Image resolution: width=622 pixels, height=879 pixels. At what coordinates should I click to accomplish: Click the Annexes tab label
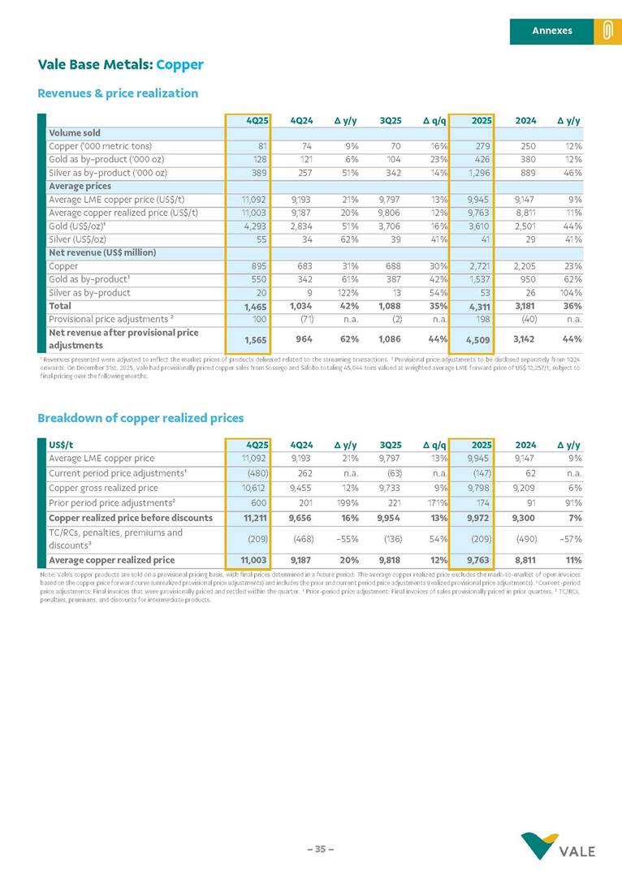coord(551,31)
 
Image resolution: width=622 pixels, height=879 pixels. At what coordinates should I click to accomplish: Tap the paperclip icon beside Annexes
coord(607,31)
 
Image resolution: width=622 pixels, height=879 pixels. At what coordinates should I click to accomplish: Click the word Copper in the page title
coord(179,65)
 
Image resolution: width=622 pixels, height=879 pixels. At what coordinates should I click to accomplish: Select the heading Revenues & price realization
coord(118,93)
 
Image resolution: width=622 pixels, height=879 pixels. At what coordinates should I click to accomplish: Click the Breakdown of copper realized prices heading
coord(140,418)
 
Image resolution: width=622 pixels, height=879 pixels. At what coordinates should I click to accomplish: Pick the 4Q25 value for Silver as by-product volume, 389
coord(259,174)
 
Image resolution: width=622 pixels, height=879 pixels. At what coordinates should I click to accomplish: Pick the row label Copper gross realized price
coord(103,488)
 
